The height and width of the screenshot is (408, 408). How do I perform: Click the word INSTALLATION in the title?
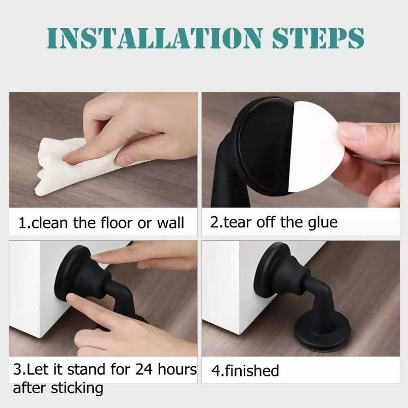(x=155, y=38)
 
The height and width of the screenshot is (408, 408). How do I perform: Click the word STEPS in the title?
(x=318, y=38)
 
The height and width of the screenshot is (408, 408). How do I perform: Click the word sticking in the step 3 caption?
(x=77, y=389)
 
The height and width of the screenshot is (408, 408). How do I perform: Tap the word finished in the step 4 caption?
(x=252, y=371)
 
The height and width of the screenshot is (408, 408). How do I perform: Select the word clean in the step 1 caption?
(x=49, y=223)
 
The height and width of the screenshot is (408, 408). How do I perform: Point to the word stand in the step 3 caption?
(x=87, y=369)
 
